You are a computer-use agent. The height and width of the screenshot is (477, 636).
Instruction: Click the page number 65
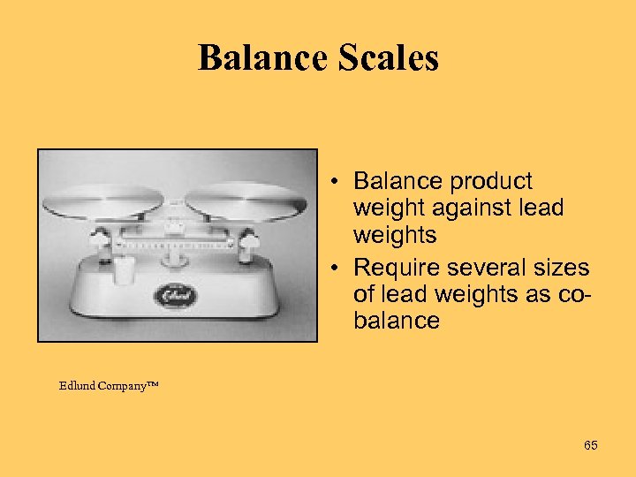coord(590,445)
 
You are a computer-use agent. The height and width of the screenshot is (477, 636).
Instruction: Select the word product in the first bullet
coord(491,182)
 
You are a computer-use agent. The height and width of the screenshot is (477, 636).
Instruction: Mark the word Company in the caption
coord(124,385)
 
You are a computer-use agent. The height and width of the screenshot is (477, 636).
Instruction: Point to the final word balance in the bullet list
coord(396,321)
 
